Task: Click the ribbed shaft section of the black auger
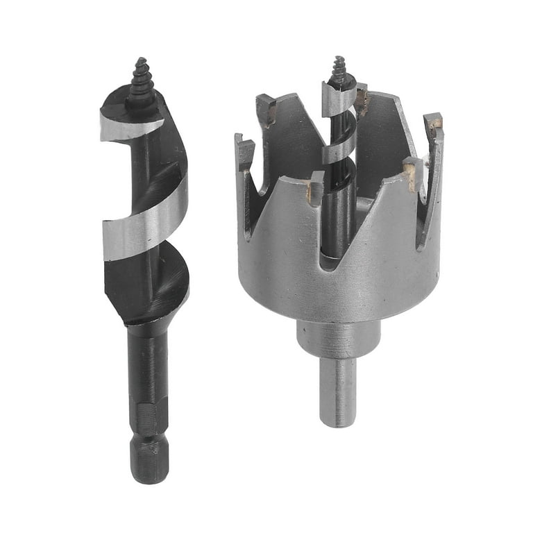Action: (x=146, y=361)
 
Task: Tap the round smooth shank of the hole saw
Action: (x=338, y=389)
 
